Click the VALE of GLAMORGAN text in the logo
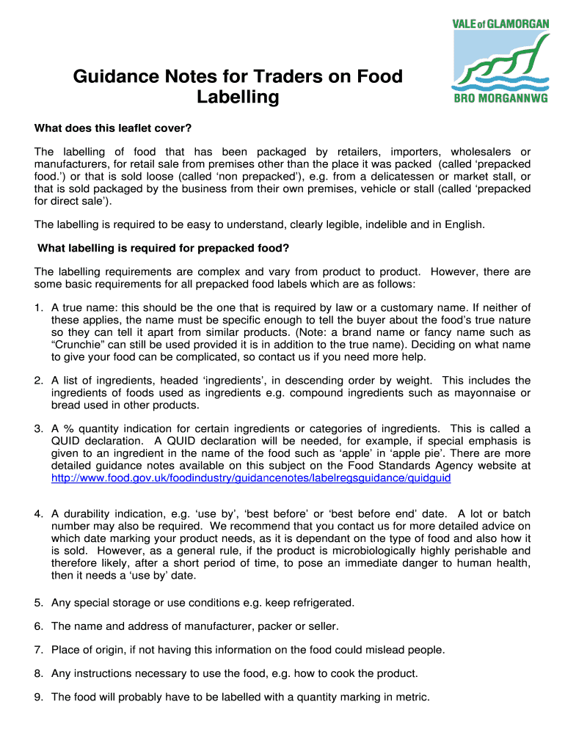pyautogui.click(x=500, y=23)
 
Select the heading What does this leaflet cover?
pyautogui.click(x=113, y=128)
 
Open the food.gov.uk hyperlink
pyautogui.click(x=251, y=477)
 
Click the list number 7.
pyautogui.click(x=37, y=650)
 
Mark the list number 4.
pyautogui.click(x=37, y=514)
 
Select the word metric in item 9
pyautogui.click(x=412, y=697)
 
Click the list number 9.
pyautogui.click(x=37, y=697)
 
